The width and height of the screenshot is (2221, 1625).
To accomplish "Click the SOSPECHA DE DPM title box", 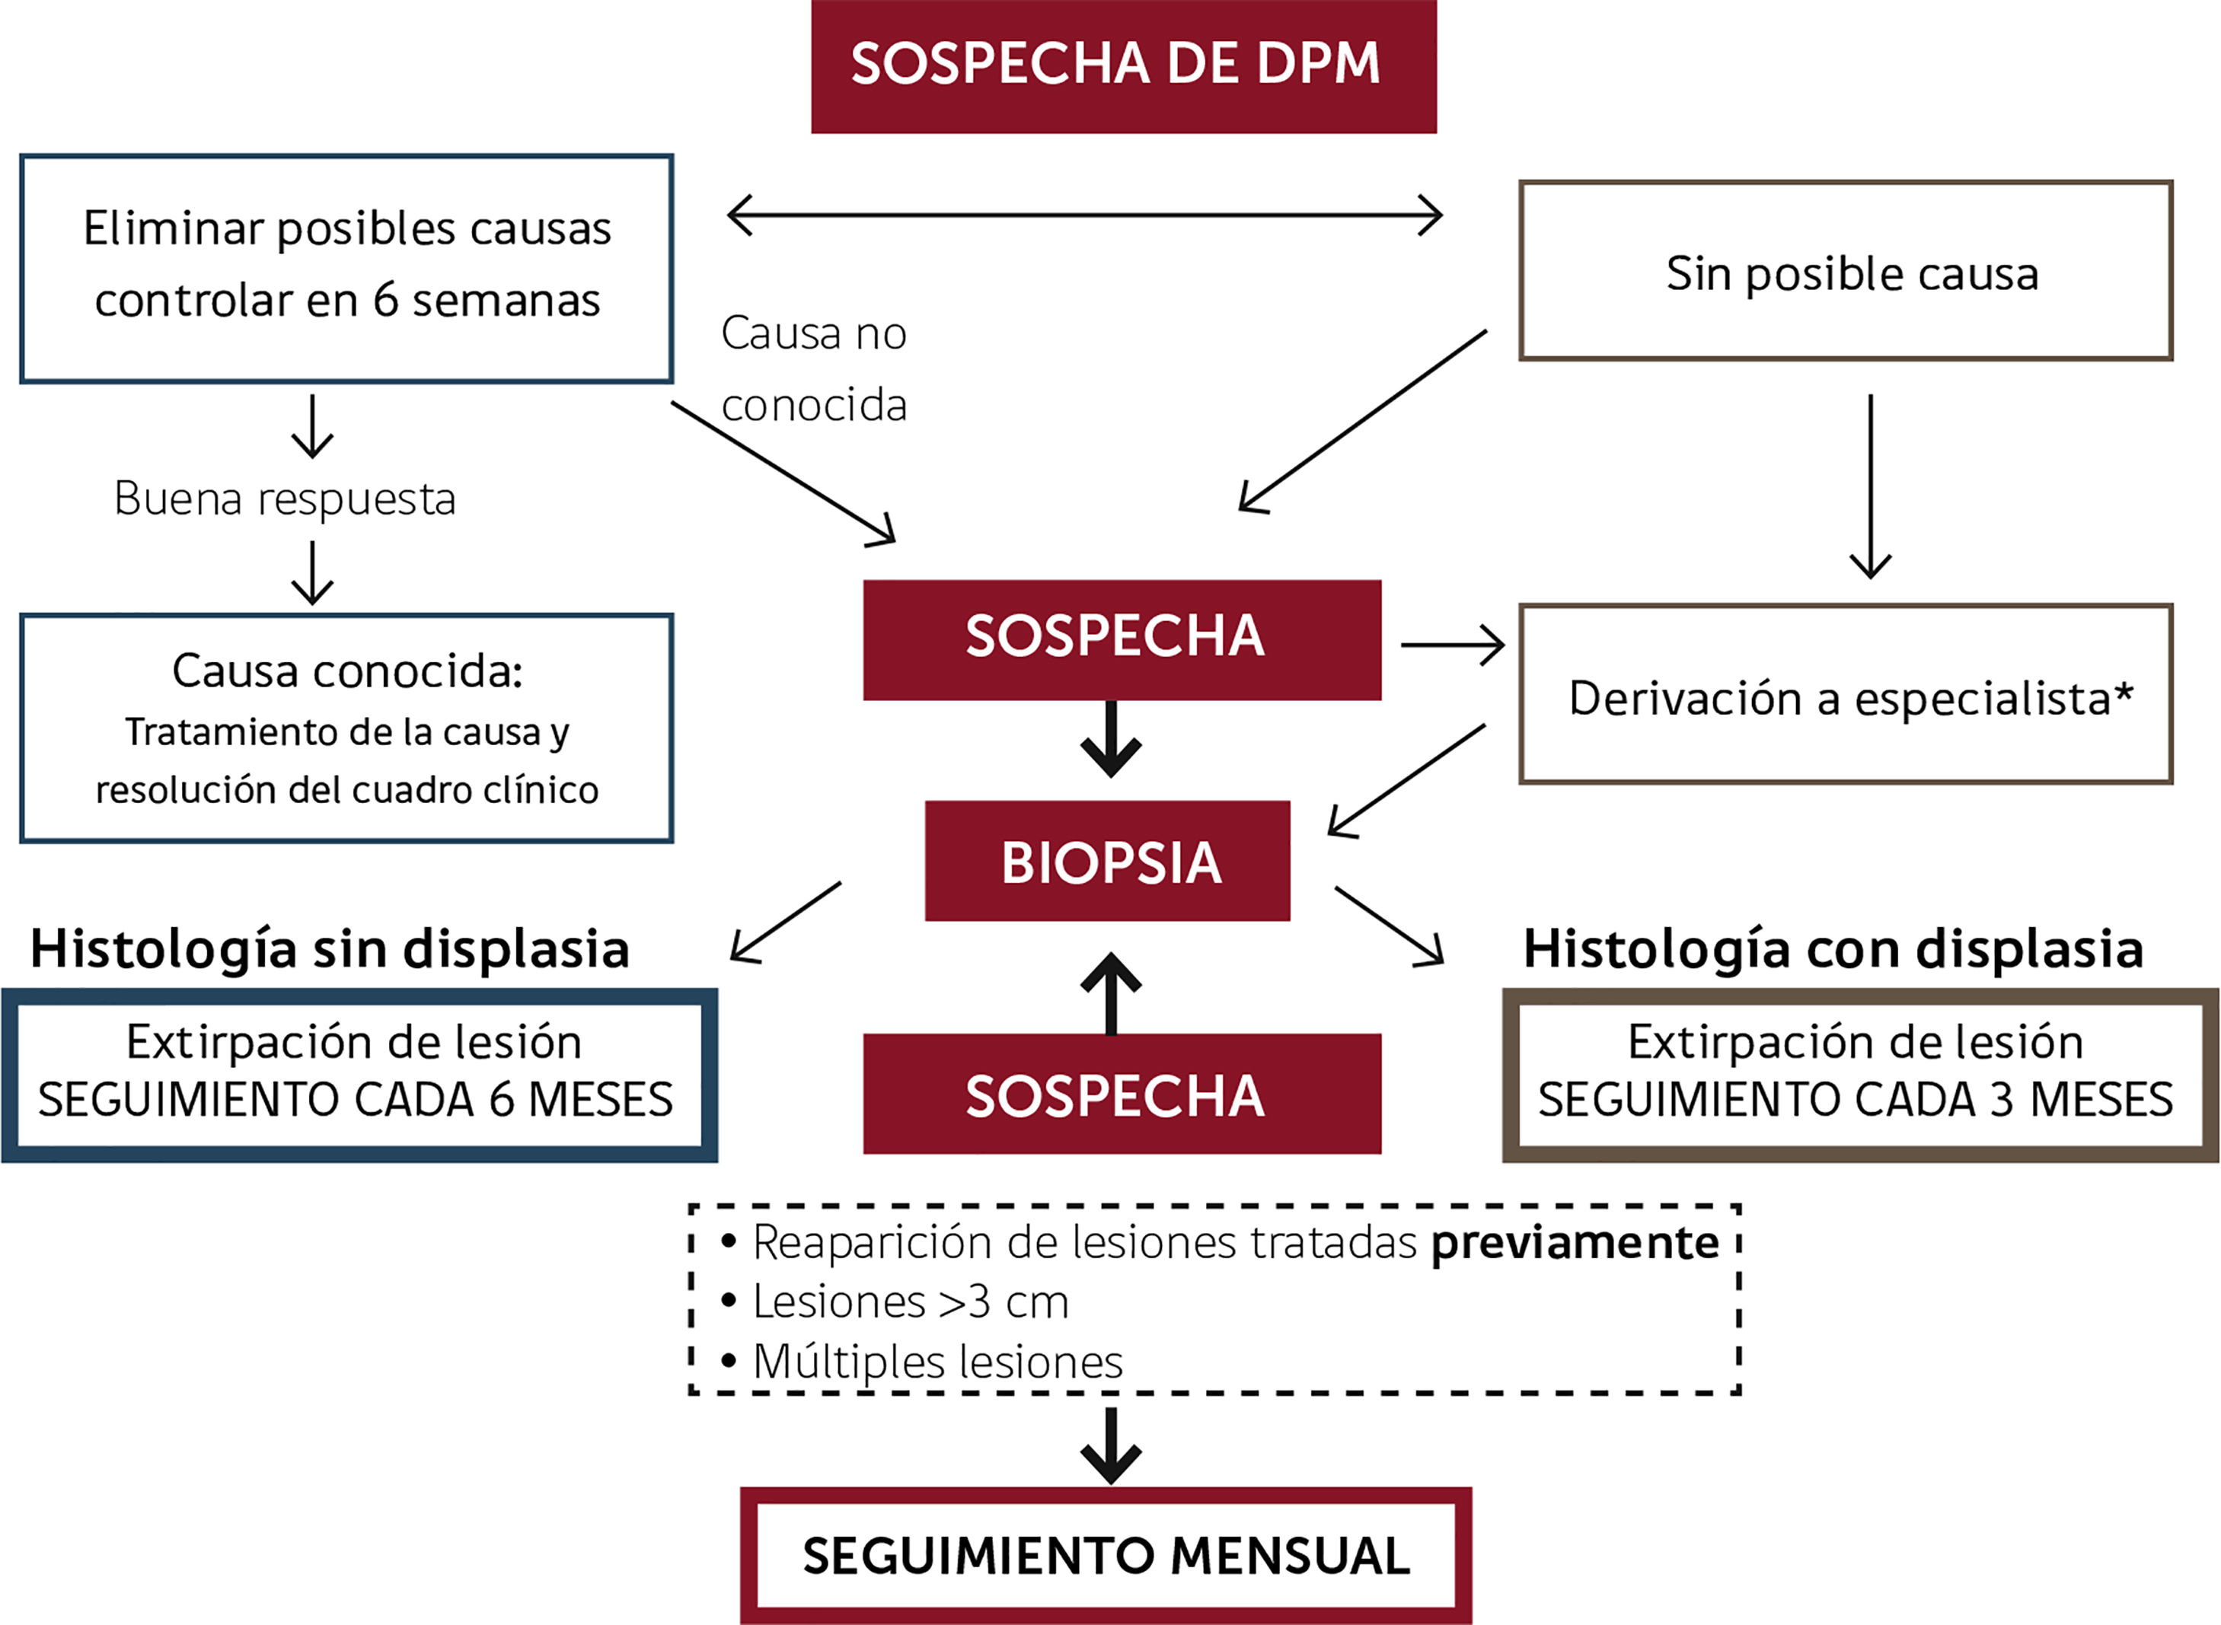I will click(1123, 66).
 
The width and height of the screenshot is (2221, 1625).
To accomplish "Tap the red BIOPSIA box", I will click(1107, 861).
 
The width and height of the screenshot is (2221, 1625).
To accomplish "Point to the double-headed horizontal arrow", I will click(1084, 215).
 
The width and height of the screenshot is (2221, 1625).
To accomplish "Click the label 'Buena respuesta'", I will click(285, 499).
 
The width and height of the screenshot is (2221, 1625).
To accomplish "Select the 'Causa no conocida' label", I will click(813, 369).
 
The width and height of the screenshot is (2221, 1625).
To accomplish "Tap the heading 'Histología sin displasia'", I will click(330, 949).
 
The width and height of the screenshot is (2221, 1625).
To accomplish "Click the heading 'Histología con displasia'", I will click(1832, 949).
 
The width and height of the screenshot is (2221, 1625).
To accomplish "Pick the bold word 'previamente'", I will click(1575, 1242).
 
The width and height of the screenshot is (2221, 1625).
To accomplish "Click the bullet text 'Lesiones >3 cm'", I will click(909, 1302).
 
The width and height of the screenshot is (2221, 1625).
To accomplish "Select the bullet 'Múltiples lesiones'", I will click(937, 1362).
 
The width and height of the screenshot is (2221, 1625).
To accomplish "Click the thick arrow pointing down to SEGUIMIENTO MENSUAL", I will click(1111, 1446).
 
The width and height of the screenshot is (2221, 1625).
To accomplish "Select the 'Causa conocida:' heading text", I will click(346, 671).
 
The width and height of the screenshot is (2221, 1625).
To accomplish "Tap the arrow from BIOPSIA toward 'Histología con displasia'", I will click(1390, 926).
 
